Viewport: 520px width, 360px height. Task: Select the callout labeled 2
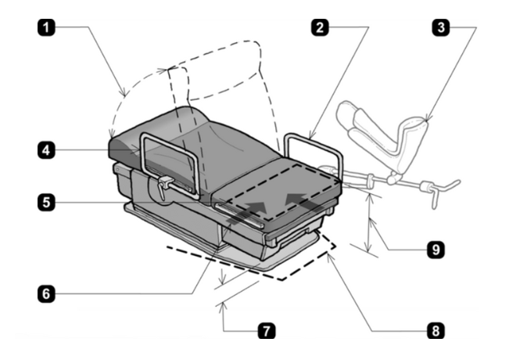317,26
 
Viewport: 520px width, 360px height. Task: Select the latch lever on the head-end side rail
164,185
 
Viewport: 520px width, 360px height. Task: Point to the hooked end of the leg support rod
450,185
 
